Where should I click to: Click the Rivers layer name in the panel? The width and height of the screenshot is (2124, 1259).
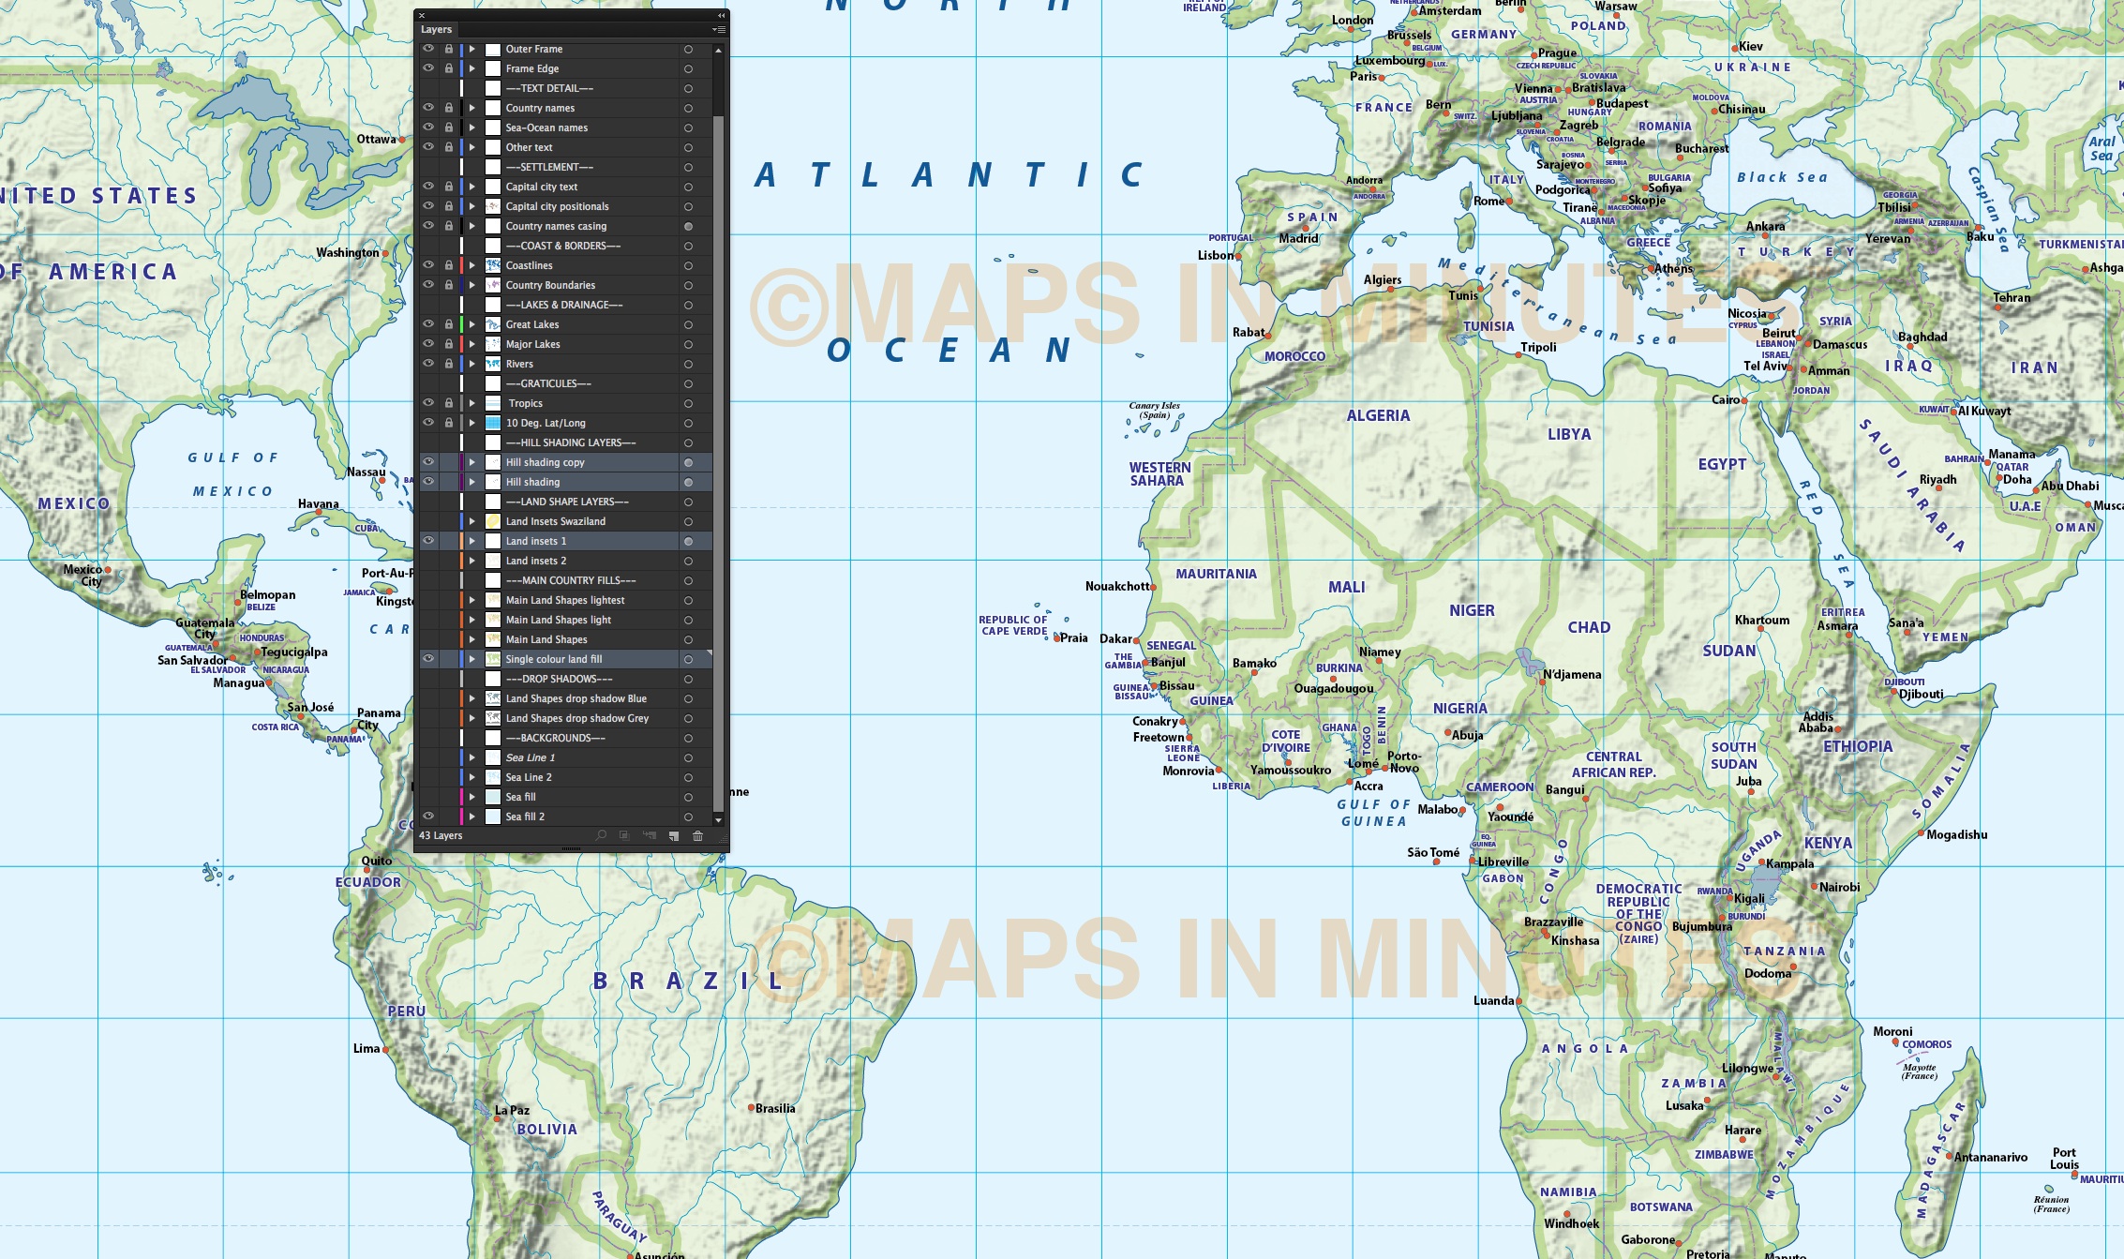[x=519, y=364]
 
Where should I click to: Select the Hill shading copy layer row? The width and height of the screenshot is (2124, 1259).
[x=545, y=462]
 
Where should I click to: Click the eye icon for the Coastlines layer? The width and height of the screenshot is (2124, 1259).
[x=428, y=265]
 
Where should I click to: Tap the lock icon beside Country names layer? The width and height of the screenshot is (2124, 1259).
[x=449, y=108]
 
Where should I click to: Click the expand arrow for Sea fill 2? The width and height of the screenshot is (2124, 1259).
[x=472, y=817]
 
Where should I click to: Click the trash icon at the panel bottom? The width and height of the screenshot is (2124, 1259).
[x=697, y=835]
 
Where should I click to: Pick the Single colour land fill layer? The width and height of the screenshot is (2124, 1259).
[x=553, y=659]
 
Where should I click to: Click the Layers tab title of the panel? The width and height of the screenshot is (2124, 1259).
[x=436, y=29]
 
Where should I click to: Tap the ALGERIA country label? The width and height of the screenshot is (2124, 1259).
[x=1377, y=415]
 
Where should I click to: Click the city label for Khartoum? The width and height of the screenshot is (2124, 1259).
[x=1761, y=620]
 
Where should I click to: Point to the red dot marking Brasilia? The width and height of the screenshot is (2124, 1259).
[x=751, y=1107]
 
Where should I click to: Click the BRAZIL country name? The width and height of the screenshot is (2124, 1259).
[x=688, y=982]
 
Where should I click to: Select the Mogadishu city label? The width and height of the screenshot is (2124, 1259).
[x=1956, y=834]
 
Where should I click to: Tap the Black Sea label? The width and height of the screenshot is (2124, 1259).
[x=1781, y=177]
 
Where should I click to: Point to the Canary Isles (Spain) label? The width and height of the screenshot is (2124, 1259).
[x=1154, y=411]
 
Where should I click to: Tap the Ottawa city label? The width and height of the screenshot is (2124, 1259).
[x=376, y=139]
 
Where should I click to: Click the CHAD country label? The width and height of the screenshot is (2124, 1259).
[x=1589, y=627]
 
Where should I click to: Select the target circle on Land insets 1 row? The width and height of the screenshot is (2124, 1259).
[x=688, y=541]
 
